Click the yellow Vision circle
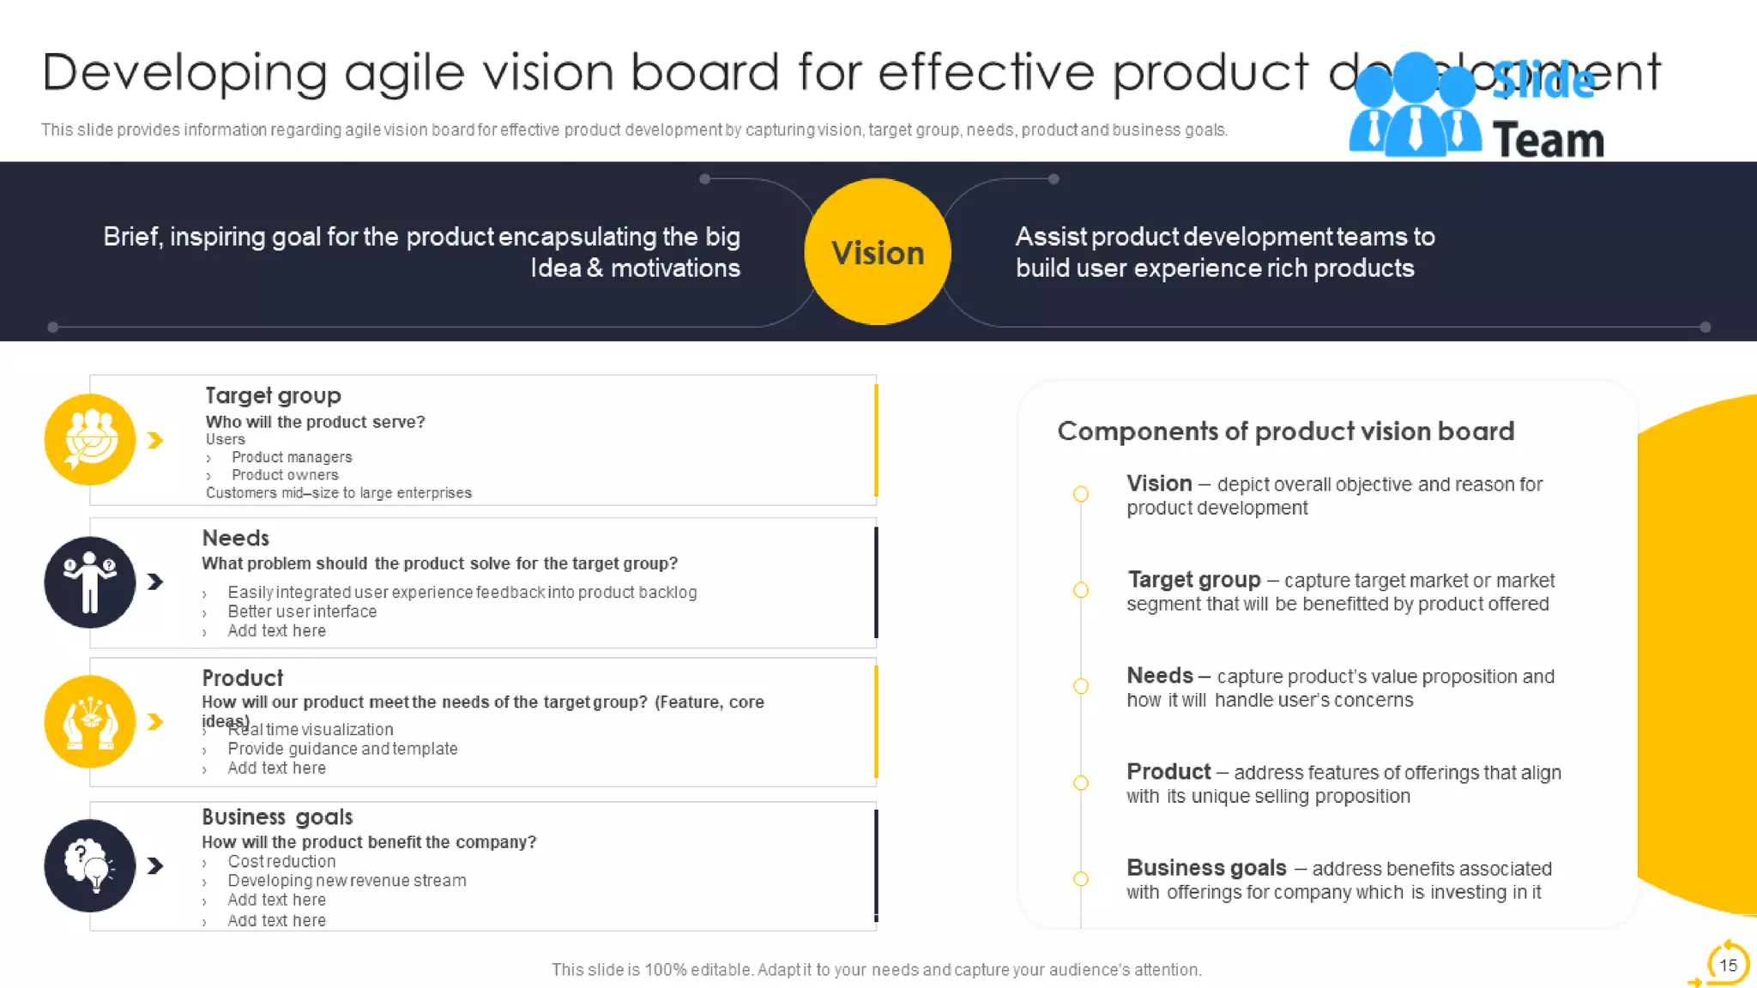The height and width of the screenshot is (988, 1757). [x=877, y=252]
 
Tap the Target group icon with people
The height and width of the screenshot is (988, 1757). [x=90, y=439]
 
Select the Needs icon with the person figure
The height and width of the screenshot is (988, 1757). [x=90, y=582]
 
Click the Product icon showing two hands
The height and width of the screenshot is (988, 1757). [x=90, y=721]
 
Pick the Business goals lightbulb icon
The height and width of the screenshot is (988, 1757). [x=90, y=865]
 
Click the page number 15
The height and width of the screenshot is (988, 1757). [x=1727, y=965]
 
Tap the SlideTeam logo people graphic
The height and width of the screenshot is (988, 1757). [x=1415, y=107]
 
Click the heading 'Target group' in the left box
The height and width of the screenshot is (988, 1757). [x=273, y=395]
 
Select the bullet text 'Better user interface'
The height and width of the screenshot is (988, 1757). [x=302, y=611]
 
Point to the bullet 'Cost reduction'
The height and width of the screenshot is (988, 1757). [x=281, y=861]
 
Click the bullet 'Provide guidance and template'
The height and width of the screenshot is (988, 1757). [x=342, y=749]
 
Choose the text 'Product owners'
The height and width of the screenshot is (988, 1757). [x=285, y=475]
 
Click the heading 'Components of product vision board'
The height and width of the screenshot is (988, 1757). [x=1285, y=431]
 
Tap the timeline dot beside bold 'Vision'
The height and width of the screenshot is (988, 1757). [x=1081, y=494]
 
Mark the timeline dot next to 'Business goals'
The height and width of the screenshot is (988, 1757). [x=1081, y=879]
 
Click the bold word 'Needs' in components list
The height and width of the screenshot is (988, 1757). [x=1160, y=676]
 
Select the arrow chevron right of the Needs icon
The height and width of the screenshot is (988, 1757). [x=155, y=581]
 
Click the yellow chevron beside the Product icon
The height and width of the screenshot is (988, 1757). [x=155, y=721]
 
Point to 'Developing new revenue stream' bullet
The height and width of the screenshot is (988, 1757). [x=347, y=881]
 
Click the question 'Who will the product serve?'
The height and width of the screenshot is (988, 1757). [x=315, y=422]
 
